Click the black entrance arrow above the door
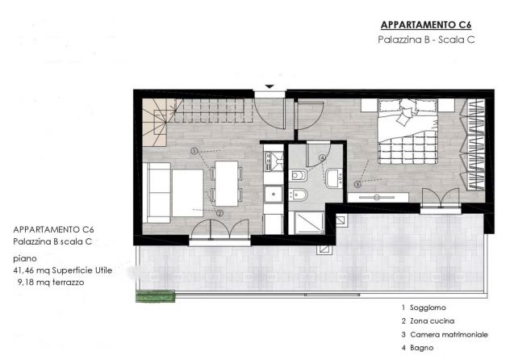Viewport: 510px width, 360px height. [x=269, y=86]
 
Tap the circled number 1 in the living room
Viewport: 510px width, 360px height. [x=194, y=151]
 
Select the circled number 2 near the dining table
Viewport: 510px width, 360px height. [x=219, y=213]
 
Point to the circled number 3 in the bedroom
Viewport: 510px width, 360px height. [x=357, y=184]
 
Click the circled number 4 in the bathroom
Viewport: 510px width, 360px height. [x=323, y=158]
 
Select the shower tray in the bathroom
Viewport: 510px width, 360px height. [x=307, y=220]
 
